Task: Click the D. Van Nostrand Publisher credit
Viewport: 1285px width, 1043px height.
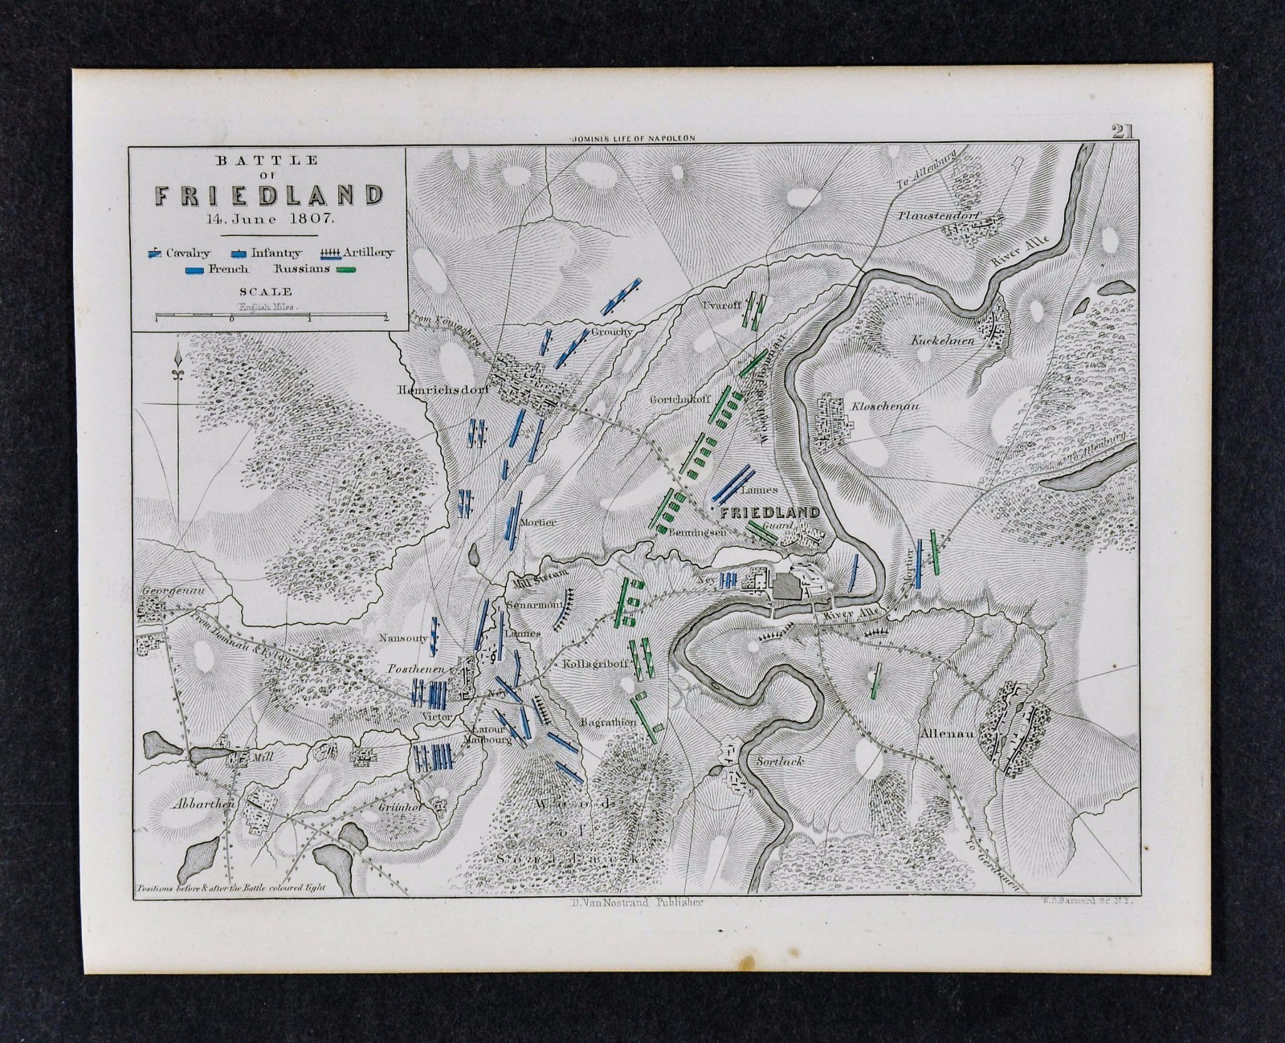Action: tap(629, 902)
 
